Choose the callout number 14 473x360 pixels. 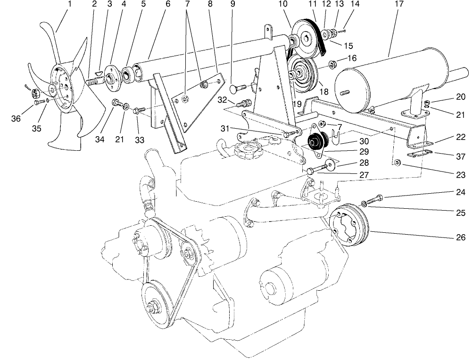(355, 4)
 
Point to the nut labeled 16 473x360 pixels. (332, 63)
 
